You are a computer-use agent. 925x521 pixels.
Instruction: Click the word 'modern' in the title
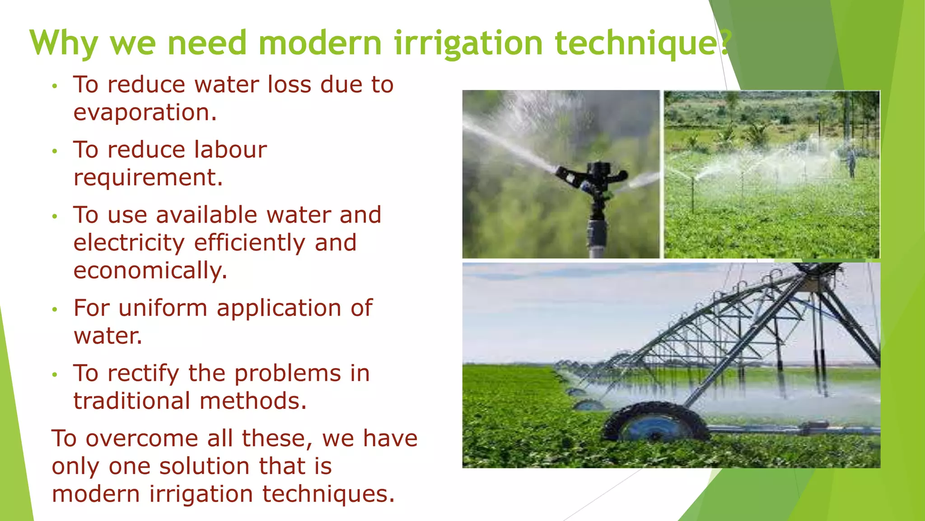(320, 43)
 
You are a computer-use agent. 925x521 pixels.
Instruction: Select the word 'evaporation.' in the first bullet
(145, 113)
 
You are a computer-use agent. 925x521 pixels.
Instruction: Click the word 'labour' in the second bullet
(230, 150)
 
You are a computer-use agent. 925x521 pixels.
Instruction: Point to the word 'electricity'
(129, 243)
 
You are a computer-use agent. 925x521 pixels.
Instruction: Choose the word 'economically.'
(150, 271)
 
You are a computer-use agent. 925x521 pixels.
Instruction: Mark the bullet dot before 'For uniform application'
(55, 310)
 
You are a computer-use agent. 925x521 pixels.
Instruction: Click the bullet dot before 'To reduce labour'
(55, 152)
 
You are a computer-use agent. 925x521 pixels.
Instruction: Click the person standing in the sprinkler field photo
(851, 163)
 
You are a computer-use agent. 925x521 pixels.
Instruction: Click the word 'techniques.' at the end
(328, 494)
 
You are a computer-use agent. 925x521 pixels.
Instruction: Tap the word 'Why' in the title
(63, 43)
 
